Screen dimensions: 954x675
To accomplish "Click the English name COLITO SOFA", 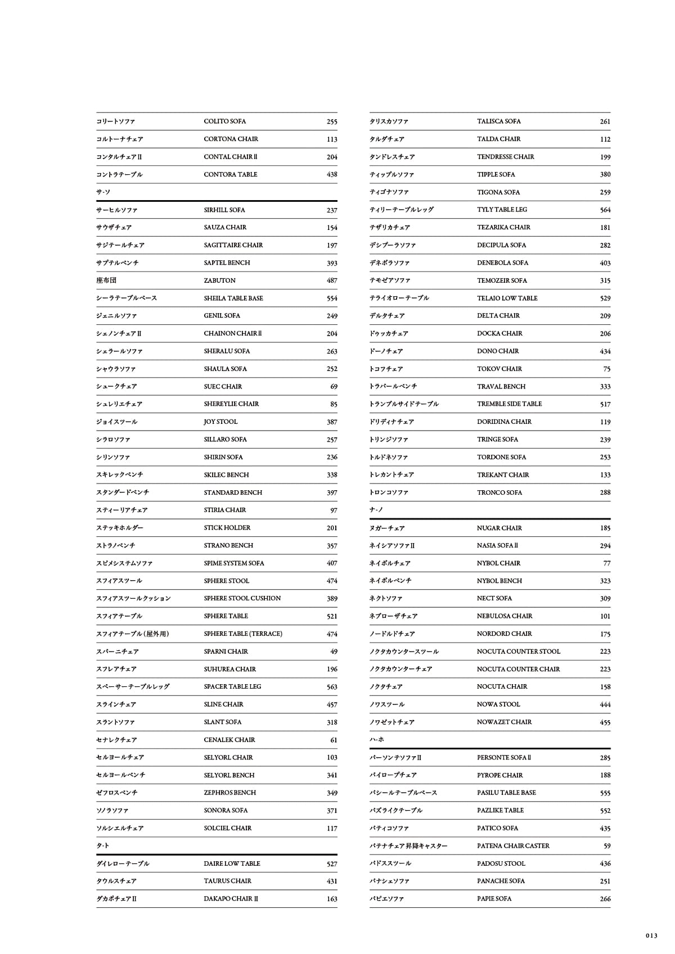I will click(x=224, y=121).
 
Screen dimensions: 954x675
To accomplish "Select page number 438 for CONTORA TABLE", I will click(x=332, y=174).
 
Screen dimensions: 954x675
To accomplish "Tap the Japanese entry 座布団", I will click(x=106, y=281).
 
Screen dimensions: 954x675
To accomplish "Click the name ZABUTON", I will click(x=219, y=281).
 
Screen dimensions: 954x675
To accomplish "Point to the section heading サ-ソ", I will click(x=103, y=192).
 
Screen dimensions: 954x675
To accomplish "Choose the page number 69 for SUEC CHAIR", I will click(x=334, y=387).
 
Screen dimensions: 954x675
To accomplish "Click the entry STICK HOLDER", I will click(x=227, y=528).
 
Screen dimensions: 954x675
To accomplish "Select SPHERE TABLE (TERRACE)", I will click(x=242, y=634).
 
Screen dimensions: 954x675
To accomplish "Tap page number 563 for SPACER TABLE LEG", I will click(x=332, y=687).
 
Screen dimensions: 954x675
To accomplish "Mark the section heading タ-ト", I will click(x=102, y=846).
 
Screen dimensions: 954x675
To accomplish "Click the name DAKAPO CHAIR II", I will click(x=231, y=899).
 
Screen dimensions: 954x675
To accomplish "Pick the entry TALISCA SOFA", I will click(x=498, y=121).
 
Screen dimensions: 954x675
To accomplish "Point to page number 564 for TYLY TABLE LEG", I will click(x=605, y=210).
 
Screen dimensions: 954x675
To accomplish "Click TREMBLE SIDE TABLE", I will click(x=509, y=404).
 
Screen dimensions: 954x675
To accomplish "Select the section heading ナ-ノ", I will click(x=376, y=510).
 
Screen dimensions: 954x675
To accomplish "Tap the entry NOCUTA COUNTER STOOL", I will click(x=518, y=652).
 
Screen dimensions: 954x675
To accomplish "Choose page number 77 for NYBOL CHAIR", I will click(x=606, y=563).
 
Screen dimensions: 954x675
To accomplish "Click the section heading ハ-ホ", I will click(x=376, y=740).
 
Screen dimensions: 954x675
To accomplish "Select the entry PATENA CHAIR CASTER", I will click(x=513, y=846).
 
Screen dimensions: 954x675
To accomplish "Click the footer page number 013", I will click(x=651, y=936).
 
